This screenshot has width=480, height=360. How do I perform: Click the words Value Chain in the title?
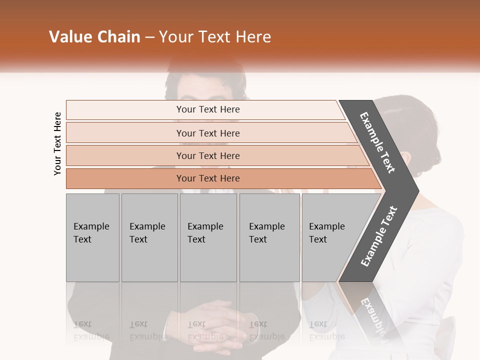point(94,37)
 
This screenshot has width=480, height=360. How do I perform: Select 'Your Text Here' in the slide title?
point(215,37)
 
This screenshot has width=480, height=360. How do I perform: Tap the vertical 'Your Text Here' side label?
point(57,143)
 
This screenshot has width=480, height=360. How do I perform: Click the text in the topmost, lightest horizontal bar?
point(208,109)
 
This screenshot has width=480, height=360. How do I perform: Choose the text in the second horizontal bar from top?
point(208,133)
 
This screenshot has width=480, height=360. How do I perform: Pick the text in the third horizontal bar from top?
point(208,156)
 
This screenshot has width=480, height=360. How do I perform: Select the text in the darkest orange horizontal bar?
point(208,178)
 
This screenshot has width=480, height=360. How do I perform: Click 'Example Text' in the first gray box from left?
point(91,233)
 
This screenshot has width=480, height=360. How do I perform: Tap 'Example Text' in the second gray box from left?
point(147,233)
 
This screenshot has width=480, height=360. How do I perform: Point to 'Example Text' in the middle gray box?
point(205,233)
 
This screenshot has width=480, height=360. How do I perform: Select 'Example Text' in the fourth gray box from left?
point(266,233)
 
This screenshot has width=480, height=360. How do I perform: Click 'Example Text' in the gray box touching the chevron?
point(326,233)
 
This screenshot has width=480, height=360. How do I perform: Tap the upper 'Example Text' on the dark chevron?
point(377,142)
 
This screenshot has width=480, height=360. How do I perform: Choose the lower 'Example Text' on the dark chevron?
point(379,236)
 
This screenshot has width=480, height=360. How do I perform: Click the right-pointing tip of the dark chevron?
point(417,191)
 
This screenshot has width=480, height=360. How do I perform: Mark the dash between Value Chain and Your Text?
point(149,37)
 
